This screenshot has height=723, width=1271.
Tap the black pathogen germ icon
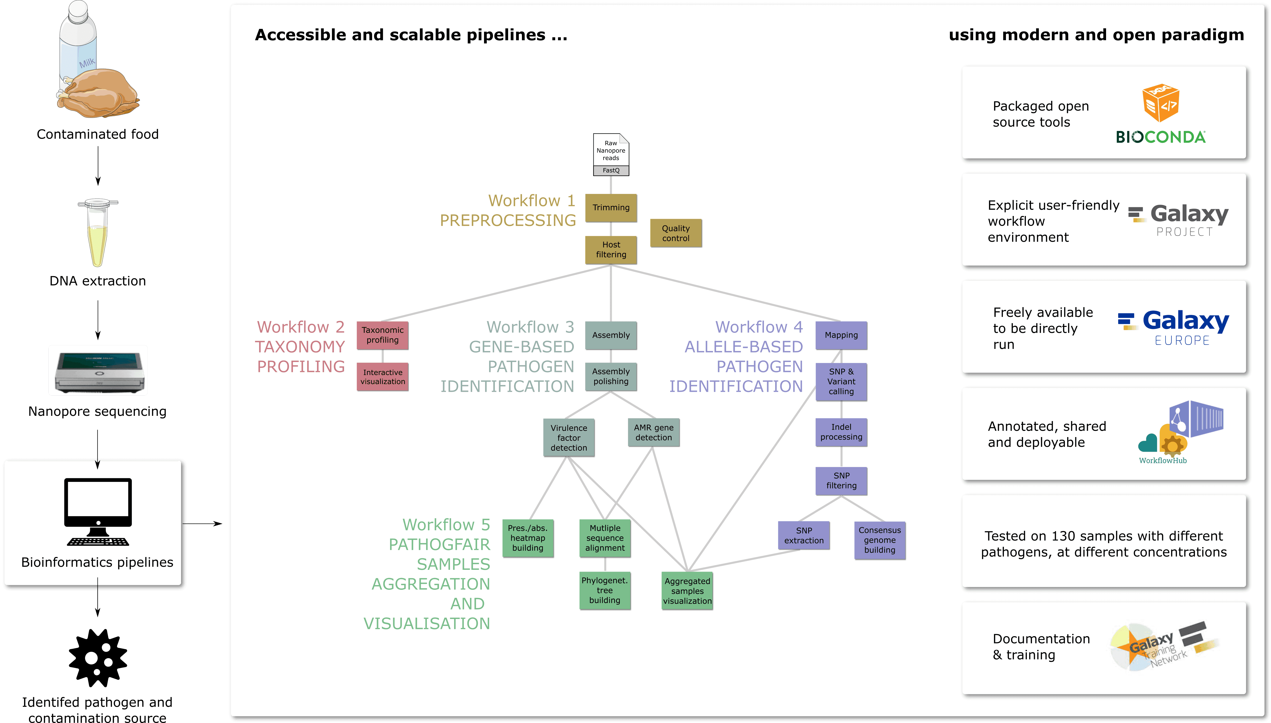(98, 658)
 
